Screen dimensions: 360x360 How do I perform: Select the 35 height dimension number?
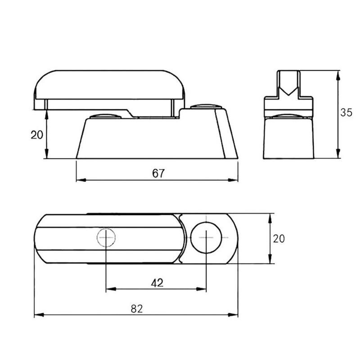tap(346, 113)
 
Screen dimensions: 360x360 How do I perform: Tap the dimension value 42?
tap(157, 283)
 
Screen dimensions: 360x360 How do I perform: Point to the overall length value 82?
tap(136, 308)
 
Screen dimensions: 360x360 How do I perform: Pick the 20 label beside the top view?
tap(279, 238)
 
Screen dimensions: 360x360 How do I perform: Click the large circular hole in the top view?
tap(206, 237)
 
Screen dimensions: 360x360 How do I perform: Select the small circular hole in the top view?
tap(106, 237)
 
